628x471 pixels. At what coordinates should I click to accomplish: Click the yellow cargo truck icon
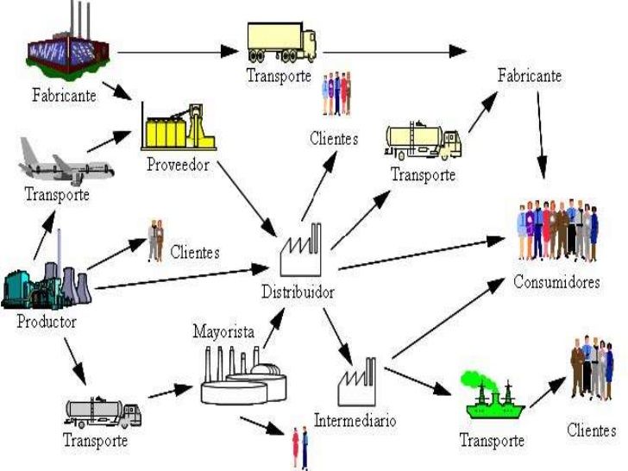(281, 41)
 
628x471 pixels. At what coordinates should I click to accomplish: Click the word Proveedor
(178, 164)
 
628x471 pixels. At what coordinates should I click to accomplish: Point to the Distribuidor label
(298, 292)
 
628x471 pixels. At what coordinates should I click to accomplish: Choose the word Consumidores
(556, 282)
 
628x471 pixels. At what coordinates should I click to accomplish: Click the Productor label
(47, 322)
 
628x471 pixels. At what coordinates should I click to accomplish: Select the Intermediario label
(355, 422)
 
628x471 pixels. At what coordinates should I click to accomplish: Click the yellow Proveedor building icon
(176, 126)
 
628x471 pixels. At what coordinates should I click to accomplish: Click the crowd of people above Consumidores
(556, 231)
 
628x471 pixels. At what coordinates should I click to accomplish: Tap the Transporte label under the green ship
(491, 441)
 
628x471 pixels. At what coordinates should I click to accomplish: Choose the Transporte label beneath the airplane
(57, 195)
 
